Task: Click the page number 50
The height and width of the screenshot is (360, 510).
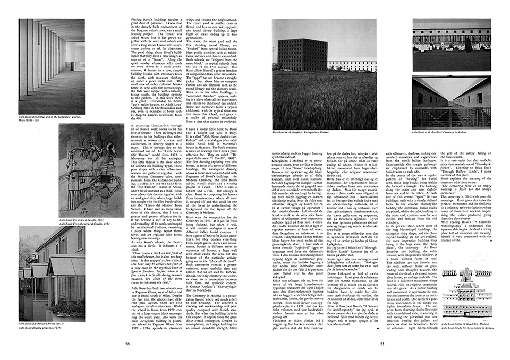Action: (127, 344)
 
